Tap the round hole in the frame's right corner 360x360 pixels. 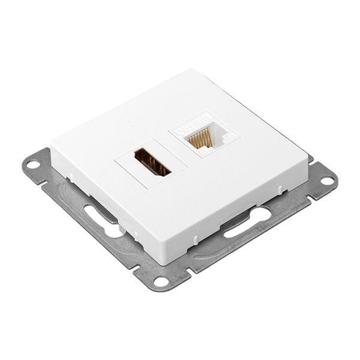click(x=330, y=178)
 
